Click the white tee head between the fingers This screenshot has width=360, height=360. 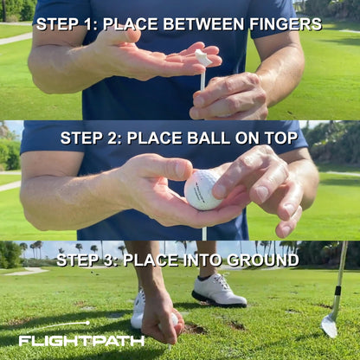tap(202, 57)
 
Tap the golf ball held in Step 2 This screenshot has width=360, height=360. tap(203, 190)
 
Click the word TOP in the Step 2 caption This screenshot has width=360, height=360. tap(279, 138)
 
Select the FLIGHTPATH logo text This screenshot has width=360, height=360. tap(82, 340)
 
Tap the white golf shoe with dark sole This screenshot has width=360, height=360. tap(219, 291)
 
